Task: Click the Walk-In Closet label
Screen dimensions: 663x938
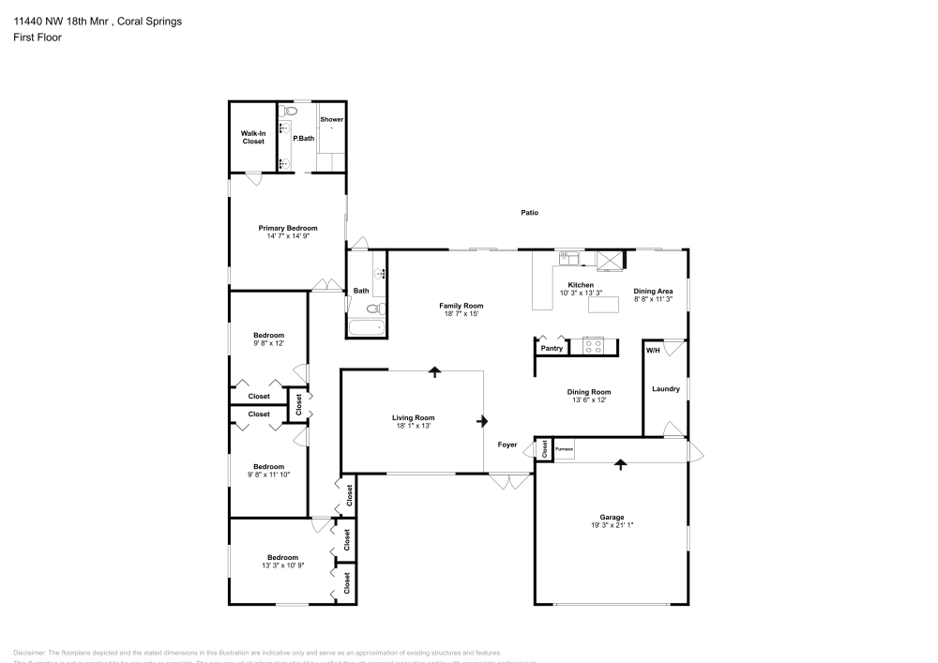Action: point(253,137)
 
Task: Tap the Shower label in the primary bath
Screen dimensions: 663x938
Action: point(331,120)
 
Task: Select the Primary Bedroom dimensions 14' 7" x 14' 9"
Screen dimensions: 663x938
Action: point(288,236)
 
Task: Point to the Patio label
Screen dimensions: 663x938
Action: point(530,213)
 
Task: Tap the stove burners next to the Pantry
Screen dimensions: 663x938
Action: point(594,345)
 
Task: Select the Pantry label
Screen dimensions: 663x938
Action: point(552,348)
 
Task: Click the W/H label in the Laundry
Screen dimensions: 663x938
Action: point(653,350)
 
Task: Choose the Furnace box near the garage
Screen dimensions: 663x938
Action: point(564,449)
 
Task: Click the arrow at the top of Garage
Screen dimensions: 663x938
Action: point(619,462)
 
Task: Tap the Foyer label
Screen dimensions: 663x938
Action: point(507,445)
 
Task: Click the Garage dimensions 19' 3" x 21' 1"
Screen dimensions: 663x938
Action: point(612,525)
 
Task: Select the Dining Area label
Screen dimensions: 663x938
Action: point(653,291)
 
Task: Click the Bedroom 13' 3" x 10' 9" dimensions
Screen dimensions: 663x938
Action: point(281,565)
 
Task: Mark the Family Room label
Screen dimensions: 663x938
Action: point(461,306)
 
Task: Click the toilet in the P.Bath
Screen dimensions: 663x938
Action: point(290,112)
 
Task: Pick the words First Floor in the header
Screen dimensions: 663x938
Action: point(37,38)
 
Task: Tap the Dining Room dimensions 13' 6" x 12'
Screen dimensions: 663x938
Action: point(588,400)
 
